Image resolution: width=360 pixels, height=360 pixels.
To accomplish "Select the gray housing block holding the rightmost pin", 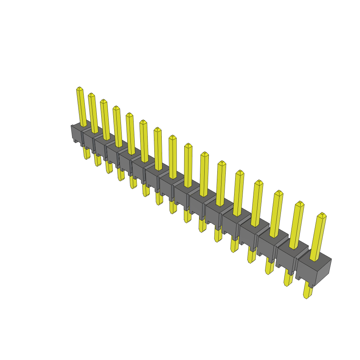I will click(x=314, y=269).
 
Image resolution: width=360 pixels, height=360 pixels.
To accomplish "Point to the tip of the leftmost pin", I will click(x=79, y=88).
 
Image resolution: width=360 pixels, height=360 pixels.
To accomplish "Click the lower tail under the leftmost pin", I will click(x=86, y=153).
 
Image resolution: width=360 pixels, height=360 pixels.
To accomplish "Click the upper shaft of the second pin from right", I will click(x=297, y=225).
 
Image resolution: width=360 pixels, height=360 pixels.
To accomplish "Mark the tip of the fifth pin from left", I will click(x=129, y=115).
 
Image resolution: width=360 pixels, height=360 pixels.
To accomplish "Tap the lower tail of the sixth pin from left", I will click(x=146, y=190).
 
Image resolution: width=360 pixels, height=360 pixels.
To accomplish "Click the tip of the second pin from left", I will click(x=91, y=95).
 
